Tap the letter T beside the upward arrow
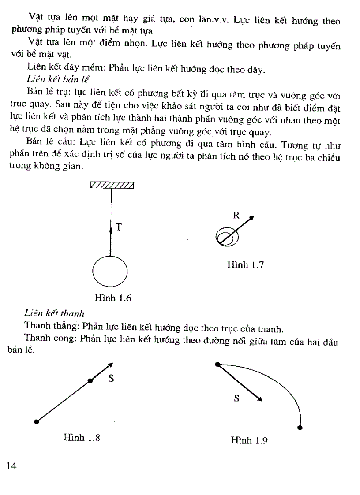coord(118,227)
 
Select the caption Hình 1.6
coord(113,298)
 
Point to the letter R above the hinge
coord(236,215)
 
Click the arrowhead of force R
coord(252,218)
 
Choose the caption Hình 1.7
coord(245,265)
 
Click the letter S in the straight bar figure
coord(111,378)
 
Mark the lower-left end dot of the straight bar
coord(37,422)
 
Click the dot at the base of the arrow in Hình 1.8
coord(90,380)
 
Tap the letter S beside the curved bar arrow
coord(236,398)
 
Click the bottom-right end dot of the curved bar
coord(300,427)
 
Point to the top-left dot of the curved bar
coord(217,365)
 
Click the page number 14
coord(11,466)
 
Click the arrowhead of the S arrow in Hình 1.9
coord(260,399)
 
